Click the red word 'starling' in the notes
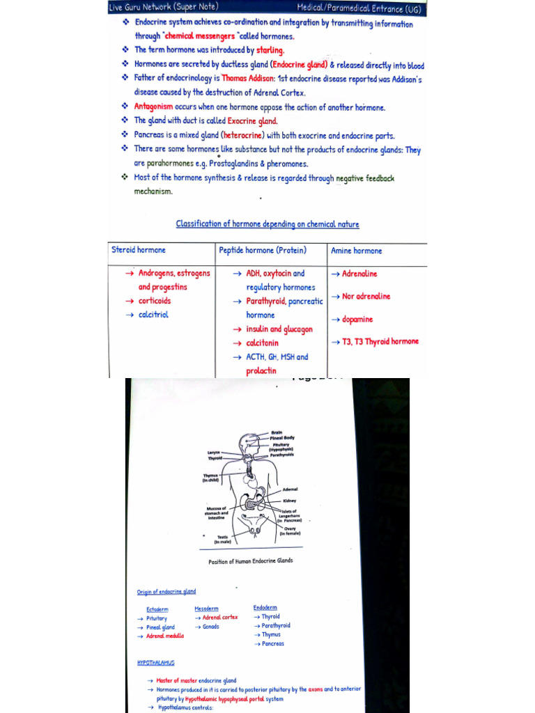tap(270, 50)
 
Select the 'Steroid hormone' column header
tap(139, 250)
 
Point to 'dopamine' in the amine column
tap(357, 320)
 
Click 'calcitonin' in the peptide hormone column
tap(262, 343)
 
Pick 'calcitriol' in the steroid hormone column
tap(153, 315)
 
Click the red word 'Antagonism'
tap(153, 107)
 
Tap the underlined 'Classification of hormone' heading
tap(267, 224)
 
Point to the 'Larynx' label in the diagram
tap(214, 452)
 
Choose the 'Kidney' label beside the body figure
tap(290, 500)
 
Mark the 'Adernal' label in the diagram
tap(290, 489)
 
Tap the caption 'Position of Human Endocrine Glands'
tap(251, 561)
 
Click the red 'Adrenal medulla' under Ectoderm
tap(165, 636)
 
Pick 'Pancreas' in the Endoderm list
tap(273, 644)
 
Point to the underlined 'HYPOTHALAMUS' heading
tap(156, 663)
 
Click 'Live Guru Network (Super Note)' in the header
tap(164, 7)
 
